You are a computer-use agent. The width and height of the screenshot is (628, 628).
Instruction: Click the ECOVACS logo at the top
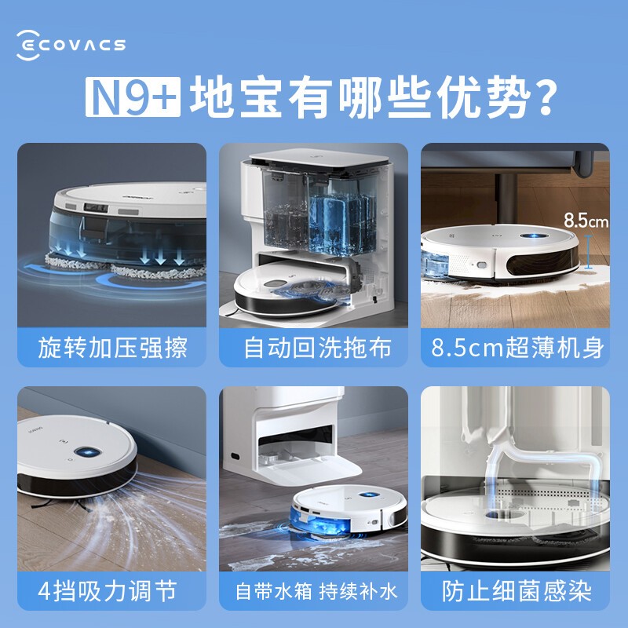click(x=71, y=45)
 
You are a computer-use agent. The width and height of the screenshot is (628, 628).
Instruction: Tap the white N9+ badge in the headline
click(x=133, y=97)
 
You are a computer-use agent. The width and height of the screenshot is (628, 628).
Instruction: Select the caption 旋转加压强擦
click(x=112, y=348)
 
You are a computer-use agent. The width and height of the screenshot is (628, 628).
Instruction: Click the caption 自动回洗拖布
click(x=317, y=348)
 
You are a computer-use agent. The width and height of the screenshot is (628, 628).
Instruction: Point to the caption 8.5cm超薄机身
click(x=517, y=348)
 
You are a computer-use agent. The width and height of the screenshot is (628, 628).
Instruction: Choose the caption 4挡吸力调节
click(x=108, y=591)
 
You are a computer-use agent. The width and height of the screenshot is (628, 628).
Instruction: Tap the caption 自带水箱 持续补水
click(x=316, y=591)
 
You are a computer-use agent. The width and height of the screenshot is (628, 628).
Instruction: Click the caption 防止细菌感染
click(x=517, y=591)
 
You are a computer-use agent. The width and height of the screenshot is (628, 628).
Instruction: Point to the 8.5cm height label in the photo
click(x=586, y=221)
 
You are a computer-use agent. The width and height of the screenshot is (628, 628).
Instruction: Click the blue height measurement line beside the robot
click(x=588, y=252)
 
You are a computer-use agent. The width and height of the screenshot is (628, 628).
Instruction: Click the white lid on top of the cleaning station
click(x=319, y=157)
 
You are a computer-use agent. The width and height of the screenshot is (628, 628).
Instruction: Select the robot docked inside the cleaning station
click(x=294, y=288)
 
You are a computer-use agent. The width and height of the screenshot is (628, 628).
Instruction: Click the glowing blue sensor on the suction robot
click(x=87, y=453)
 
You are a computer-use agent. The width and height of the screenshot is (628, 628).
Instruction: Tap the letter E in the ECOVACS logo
click(x=28, y=46)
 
